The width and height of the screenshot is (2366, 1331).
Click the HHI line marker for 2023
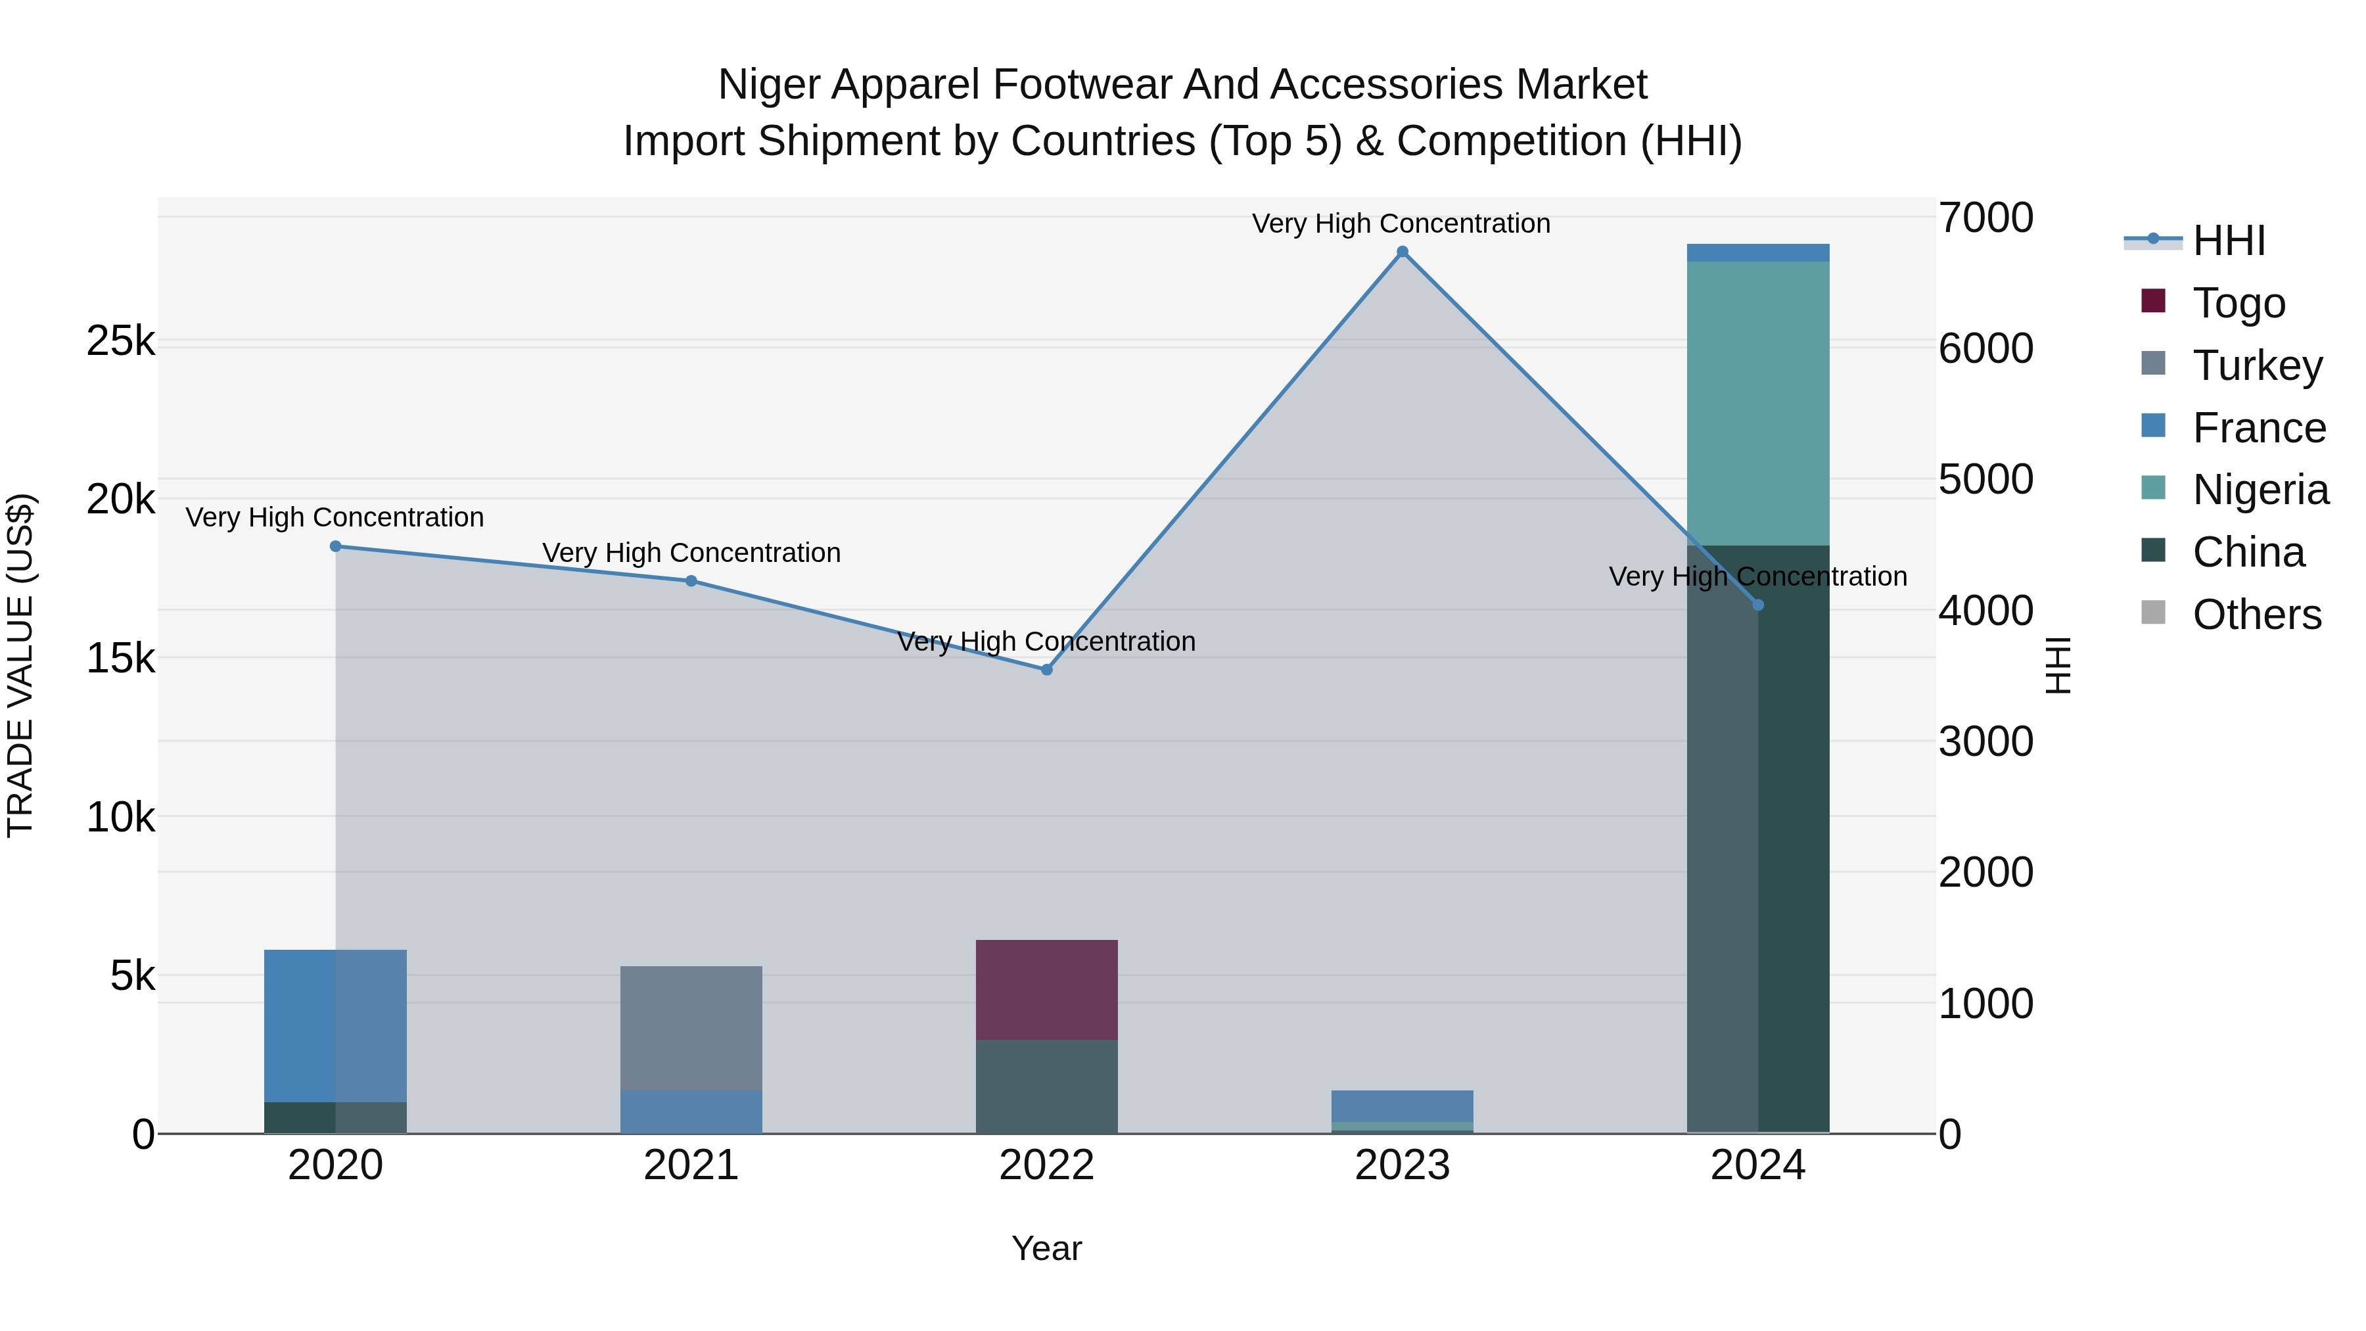tap(1402, 252)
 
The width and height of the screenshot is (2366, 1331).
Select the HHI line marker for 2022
tap(1046, 670)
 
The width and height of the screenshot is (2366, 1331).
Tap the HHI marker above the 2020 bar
tap(335, 547)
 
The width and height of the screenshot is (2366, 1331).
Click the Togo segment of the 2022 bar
tap(1046, 989)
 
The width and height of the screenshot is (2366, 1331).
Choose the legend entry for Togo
tap(2237, 303)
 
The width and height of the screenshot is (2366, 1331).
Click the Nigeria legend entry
tap(2260, 490)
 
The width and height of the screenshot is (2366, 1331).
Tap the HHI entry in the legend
tap(2228, 241)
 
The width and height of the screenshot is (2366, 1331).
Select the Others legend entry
tap(2256, 615)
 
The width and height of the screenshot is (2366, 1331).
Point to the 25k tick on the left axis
tap(120, 342)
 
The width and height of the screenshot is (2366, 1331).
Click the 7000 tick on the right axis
tap(1985, 219)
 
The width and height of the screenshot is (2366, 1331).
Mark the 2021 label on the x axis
tap(691, 1165)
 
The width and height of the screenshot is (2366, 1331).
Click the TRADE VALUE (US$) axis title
tap(20, 665)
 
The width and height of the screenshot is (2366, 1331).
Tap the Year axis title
tap(1046, 1248)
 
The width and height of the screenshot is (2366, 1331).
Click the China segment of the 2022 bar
tap(1046, 1086)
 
